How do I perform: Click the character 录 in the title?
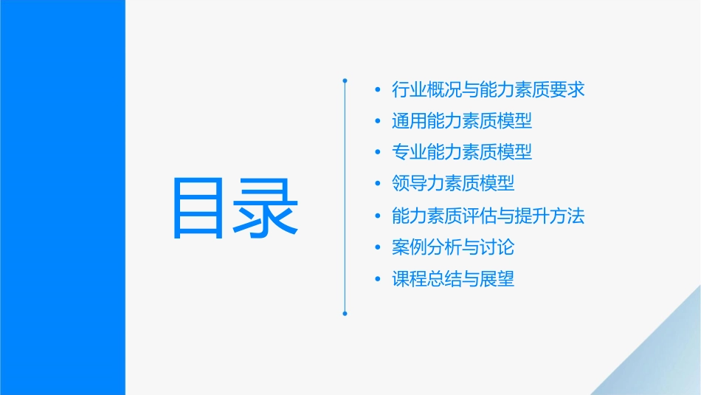[x=268, y=207]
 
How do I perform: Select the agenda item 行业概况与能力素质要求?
[x=488, y=90]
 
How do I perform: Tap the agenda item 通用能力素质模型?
[x=462, y=121]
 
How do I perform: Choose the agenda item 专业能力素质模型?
[x=462, y=152]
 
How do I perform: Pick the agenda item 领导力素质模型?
[x=453, y=183]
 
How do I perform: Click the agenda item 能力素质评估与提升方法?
[x=488, y=216]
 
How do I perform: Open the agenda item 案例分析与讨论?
[x=453, y=247]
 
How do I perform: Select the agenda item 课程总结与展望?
[x=453, y=279]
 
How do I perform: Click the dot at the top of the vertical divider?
[x=345, y=79]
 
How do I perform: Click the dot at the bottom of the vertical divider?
[x=345, y=313]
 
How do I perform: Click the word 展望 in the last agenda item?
[x=497, y=279]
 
